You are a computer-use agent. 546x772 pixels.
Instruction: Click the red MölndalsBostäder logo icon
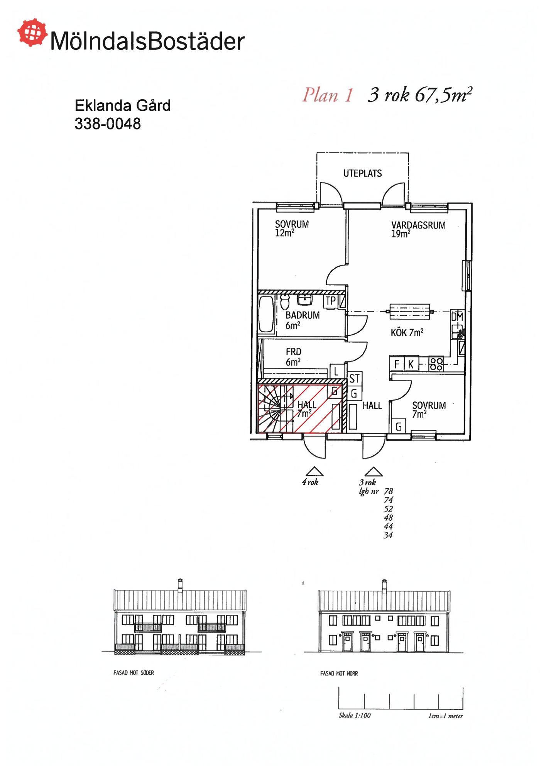32,32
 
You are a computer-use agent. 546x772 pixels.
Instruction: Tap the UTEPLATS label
362,173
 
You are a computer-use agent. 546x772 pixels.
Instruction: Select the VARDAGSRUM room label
418,225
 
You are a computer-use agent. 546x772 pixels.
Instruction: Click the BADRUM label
303,315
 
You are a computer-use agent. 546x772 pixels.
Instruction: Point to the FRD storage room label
294,352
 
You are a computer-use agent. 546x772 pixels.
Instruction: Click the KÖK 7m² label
407,332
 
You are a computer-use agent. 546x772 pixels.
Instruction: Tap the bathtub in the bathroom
266,314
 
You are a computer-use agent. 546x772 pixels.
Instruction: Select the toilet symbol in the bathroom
285,301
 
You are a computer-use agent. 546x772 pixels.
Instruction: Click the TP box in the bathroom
331,301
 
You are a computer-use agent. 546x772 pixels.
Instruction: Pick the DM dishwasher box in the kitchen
457,317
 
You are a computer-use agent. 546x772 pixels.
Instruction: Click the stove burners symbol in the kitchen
436,364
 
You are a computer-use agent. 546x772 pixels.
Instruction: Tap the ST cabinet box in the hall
355,379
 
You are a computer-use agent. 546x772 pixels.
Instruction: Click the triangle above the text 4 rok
314,472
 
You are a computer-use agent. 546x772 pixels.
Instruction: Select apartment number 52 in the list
388,509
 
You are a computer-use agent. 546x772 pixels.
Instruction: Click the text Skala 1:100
355,715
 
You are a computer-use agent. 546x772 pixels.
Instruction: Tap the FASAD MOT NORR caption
339,673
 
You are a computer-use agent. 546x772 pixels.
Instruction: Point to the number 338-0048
108,124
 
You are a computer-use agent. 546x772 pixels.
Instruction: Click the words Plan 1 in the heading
327,95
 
